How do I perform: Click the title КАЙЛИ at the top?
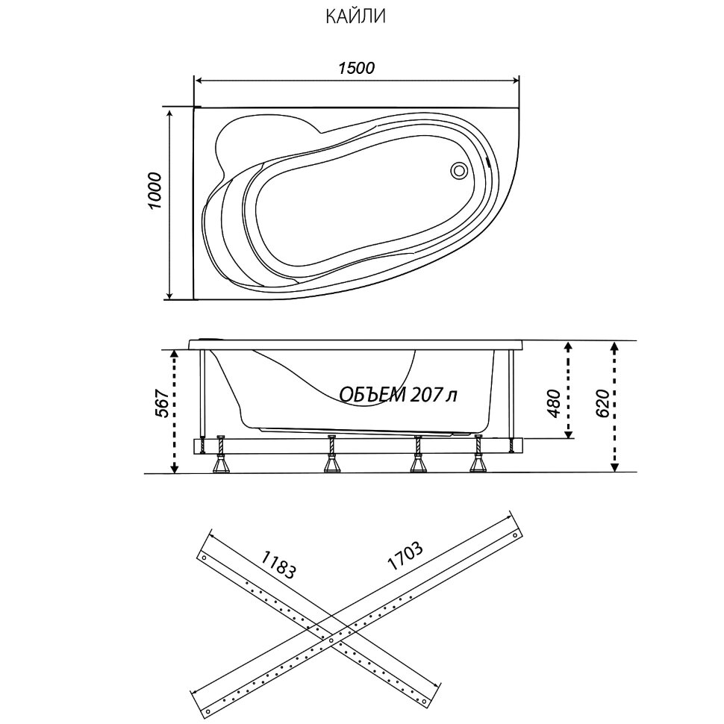coord(355,16)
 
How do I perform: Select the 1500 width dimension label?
coord(355,68)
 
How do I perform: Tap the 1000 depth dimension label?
coord(155,191)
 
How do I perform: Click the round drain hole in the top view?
coord(458,171)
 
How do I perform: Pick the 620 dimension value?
coord(603,404)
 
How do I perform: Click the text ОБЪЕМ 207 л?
coord(397,394)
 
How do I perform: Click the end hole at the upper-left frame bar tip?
coord(203,558)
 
